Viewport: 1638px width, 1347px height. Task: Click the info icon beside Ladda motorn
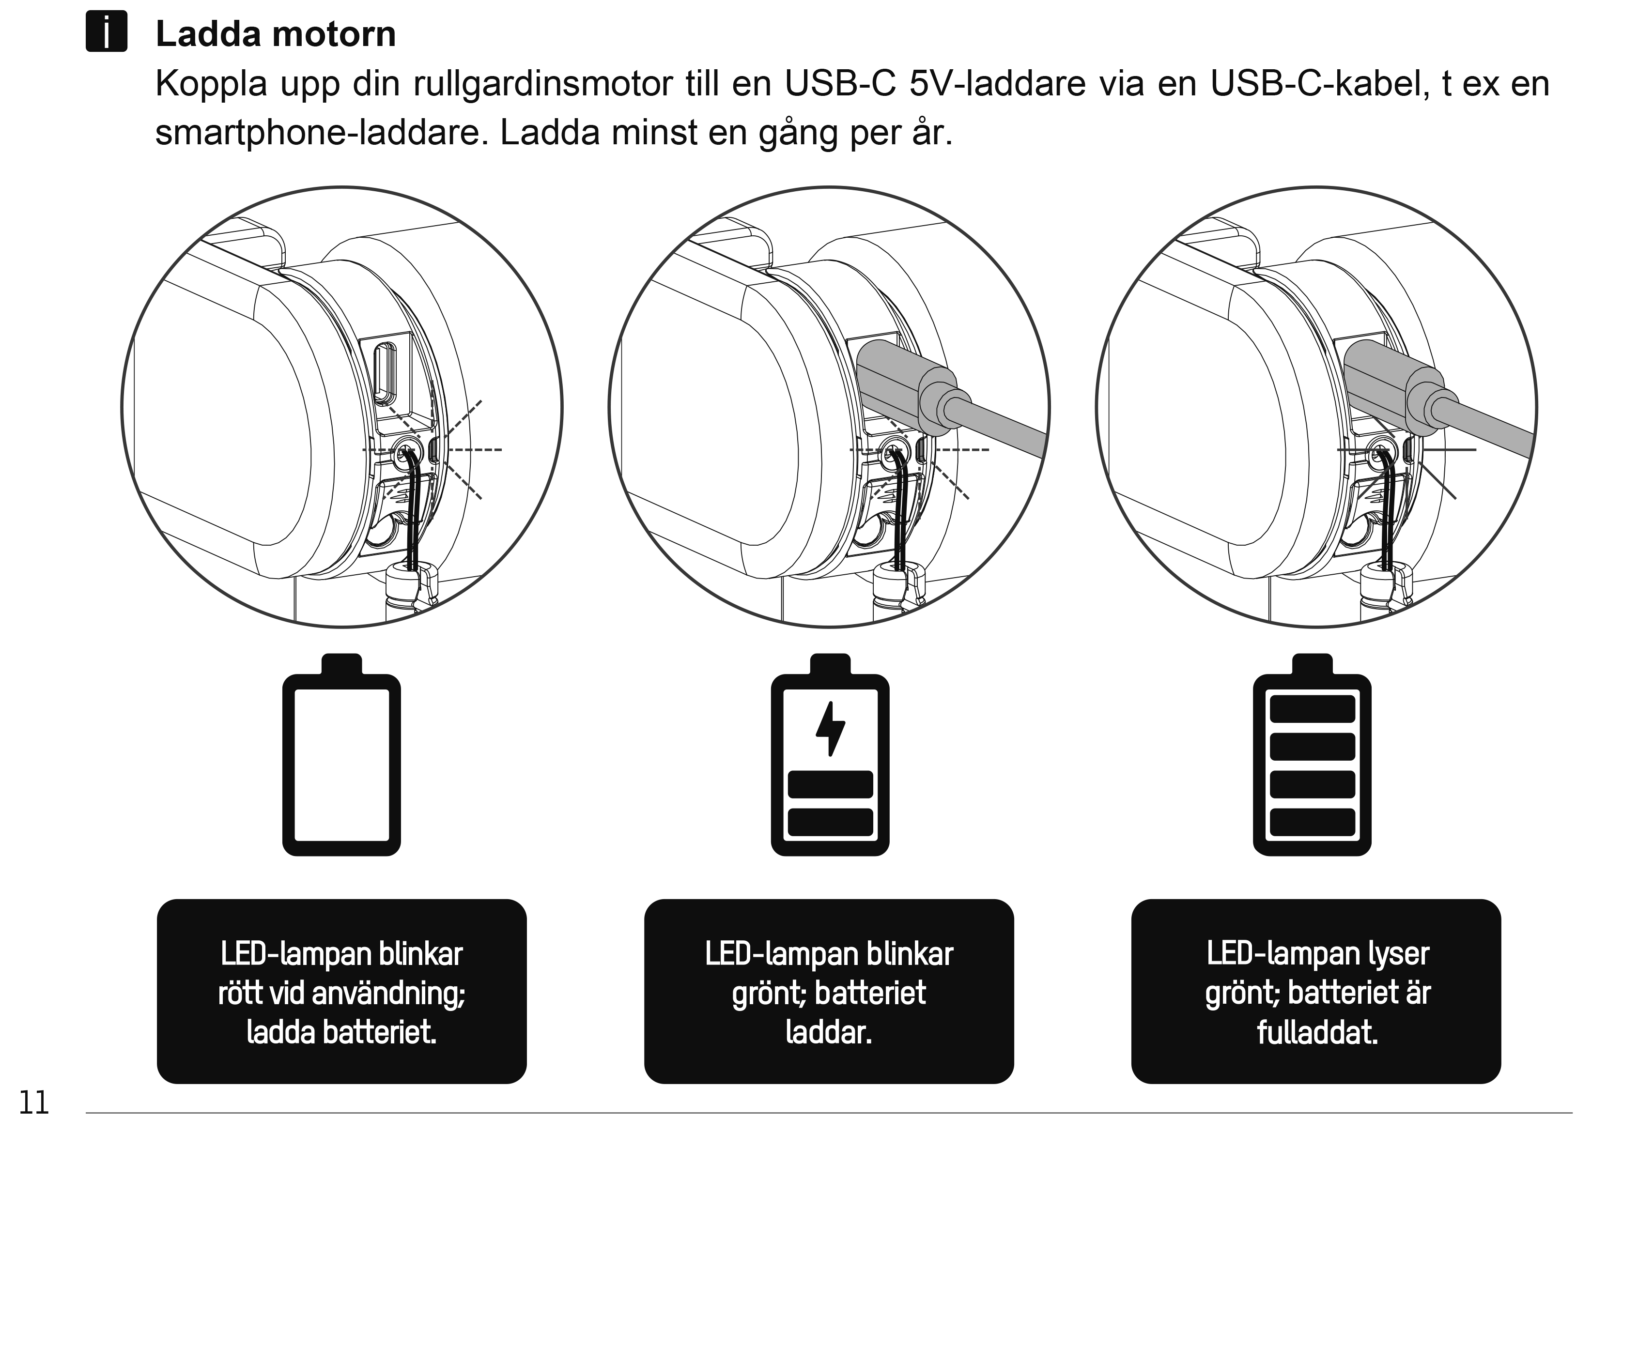pyautogui.click(x=106, y=32)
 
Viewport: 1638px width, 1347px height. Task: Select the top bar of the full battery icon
pyautogui.click(x=1312, y=708)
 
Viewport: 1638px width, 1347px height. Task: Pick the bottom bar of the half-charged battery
pyautogui.click(x=830, y=822)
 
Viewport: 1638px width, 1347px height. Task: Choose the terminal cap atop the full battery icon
pyautogui.click(x=1312, y=664)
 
